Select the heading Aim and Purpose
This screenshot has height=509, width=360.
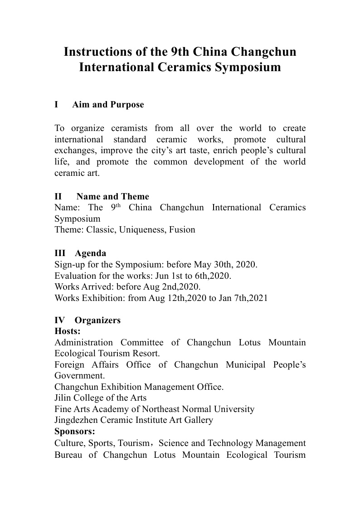click(x=108, y=105)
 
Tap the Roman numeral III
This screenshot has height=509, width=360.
click(x=60, y=253)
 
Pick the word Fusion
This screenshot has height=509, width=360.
click(x=182, y=230)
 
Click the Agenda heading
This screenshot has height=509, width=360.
click(x=91, y=253)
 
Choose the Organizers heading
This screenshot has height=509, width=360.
click(x=97, y=320)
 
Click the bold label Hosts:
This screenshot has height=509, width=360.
click(x=67, y=331)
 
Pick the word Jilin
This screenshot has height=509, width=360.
click(x=63, y=398)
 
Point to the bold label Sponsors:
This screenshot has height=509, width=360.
click(x=75, y=431)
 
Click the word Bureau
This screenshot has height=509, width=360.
click(x=68, y=455)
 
